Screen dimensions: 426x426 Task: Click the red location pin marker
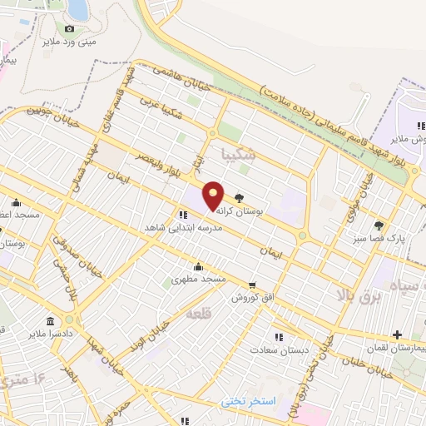[214, 195]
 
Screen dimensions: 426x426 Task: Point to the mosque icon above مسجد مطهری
[198, 266]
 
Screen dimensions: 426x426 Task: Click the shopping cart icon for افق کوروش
[251, 285]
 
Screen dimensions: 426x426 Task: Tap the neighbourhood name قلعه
[197, 314]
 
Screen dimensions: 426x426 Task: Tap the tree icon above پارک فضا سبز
[379, 225]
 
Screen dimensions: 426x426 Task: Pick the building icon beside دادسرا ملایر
[51, 321]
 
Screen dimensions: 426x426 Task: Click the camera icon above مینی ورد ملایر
[69, 29]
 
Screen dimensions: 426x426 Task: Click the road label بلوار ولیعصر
[155, 151]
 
